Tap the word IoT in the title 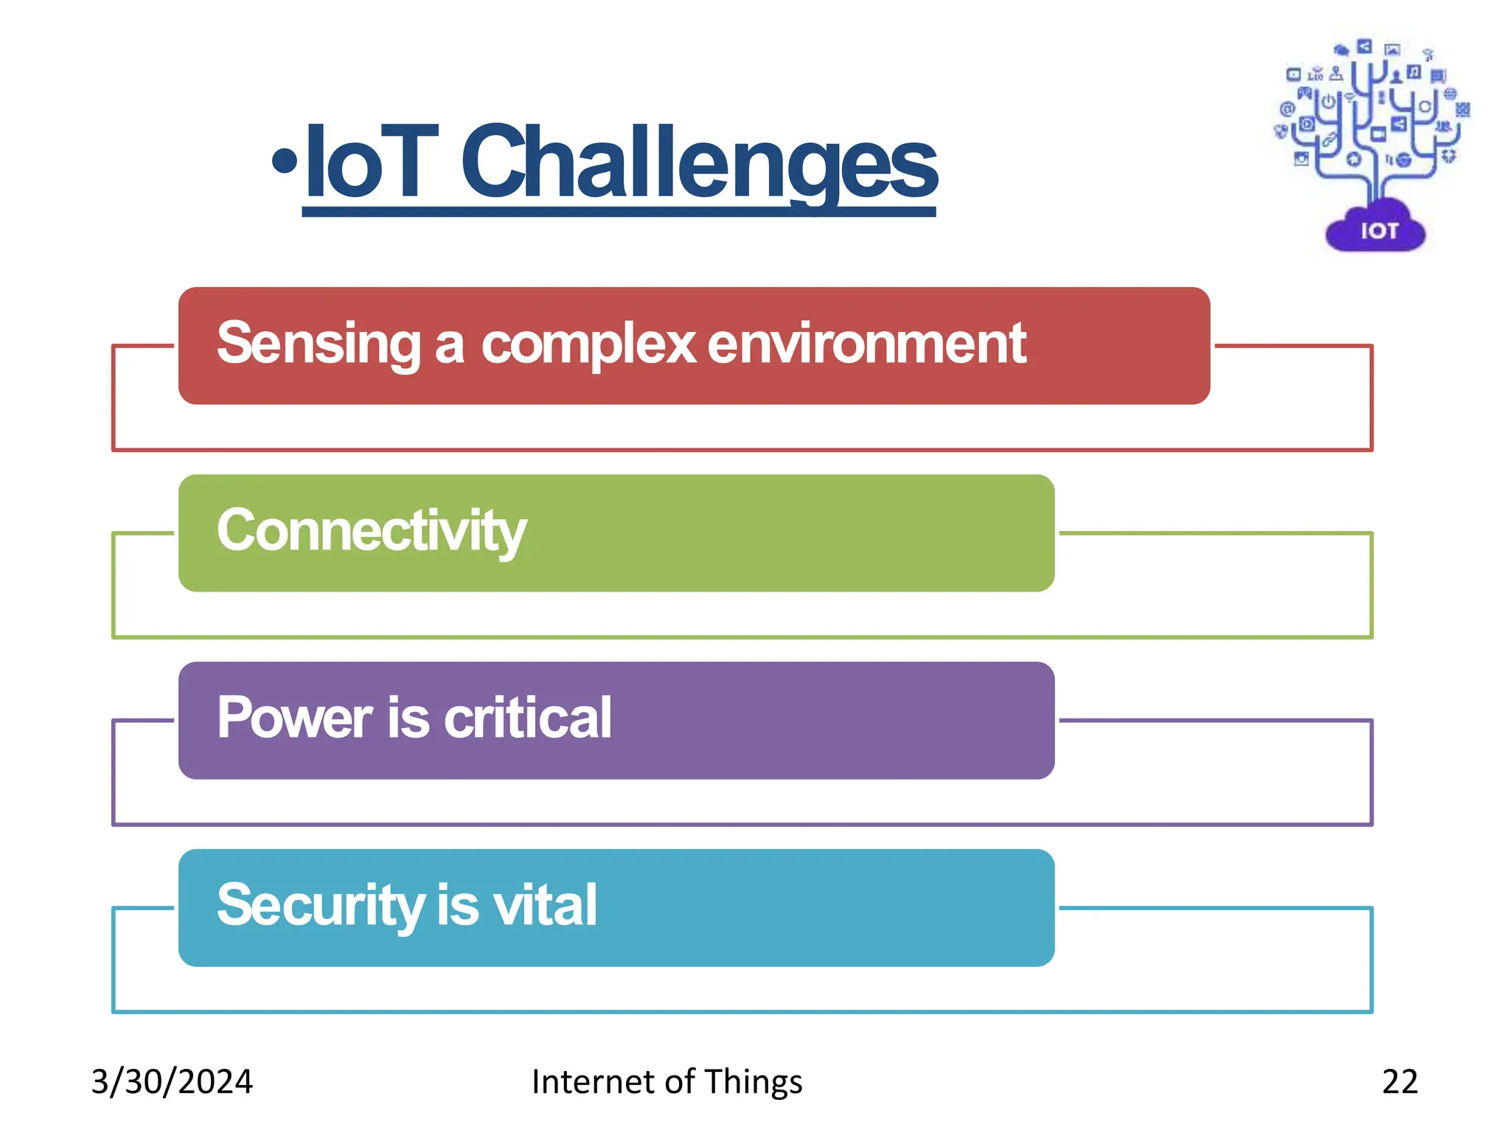(x=372, y=162)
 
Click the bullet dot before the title (x=285, y=161)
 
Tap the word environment (x=867, y=344)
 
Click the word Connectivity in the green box (x=372, y=531)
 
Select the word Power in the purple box (x=295, y=718)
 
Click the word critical (x=528, y=718)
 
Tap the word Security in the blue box (x=321, y=906)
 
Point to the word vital (x=545, y=906)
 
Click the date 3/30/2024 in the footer (x=172, y=1082)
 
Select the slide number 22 (x=1399, y=1082)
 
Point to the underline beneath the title (x=619, y=212)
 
